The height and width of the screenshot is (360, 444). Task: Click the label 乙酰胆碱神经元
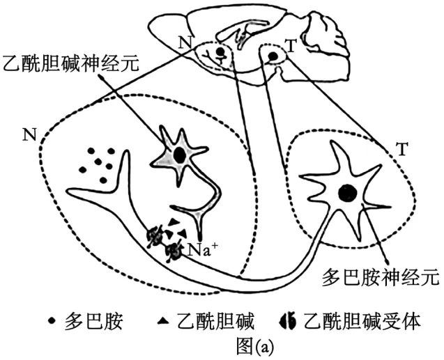(70, 64)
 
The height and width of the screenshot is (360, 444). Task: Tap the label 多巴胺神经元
(381, 276)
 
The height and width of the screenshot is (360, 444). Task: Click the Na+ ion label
(203, 250)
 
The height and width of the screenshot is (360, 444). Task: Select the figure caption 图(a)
(255, 345)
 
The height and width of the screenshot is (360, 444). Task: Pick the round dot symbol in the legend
(52, 321)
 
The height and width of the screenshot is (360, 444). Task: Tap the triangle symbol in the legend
(163, 320)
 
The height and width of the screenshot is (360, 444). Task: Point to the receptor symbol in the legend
(287, 321)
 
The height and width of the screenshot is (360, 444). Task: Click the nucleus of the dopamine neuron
(347, 193)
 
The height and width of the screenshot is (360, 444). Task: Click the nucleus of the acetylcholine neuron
(180, 155)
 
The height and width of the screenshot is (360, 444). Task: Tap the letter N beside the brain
(185, 42)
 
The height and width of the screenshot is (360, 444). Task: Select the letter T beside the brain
(291, 46)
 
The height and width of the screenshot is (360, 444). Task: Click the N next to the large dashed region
(30, 134)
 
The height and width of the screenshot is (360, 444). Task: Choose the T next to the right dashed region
(402, 149)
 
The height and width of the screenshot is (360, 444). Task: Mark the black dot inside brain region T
(273, 56)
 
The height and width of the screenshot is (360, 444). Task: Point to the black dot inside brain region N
(220, 52)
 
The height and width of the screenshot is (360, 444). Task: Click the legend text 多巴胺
(93, 321)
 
